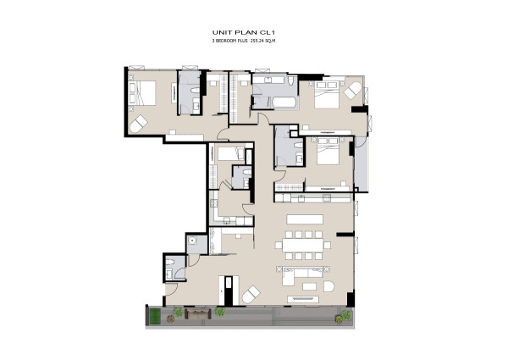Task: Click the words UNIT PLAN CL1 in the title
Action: [x=244, y=32]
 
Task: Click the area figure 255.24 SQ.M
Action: [x=262, y=41]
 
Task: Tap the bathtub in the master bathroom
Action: [x=284, y=103]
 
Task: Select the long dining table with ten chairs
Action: [x=303, y=245]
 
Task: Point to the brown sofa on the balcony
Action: [x=198, y=313]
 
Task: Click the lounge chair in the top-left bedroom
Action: [x=138, y=124]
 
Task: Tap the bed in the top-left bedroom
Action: [x=142, y=93]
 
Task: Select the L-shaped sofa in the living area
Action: [x=302, y=276]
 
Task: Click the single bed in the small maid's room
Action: [x=231, y=153]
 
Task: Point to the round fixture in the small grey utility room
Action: [x=192, y=241]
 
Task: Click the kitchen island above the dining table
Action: [x=305, y=219]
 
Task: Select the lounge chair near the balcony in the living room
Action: [x=251, y=294]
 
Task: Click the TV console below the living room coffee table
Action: [x=303, y=299]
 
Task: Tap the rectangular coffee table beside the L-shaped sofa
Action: [x=309, y=286]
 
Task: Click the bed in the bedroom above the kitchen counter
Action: [x=328, y=151]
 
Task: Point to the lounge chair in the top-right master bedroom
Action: [x=352, y=91]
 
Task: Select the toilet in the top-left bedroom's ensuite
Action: [x=196, y=91]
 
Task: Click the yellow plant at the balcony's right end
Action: [x=340, y=318]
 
